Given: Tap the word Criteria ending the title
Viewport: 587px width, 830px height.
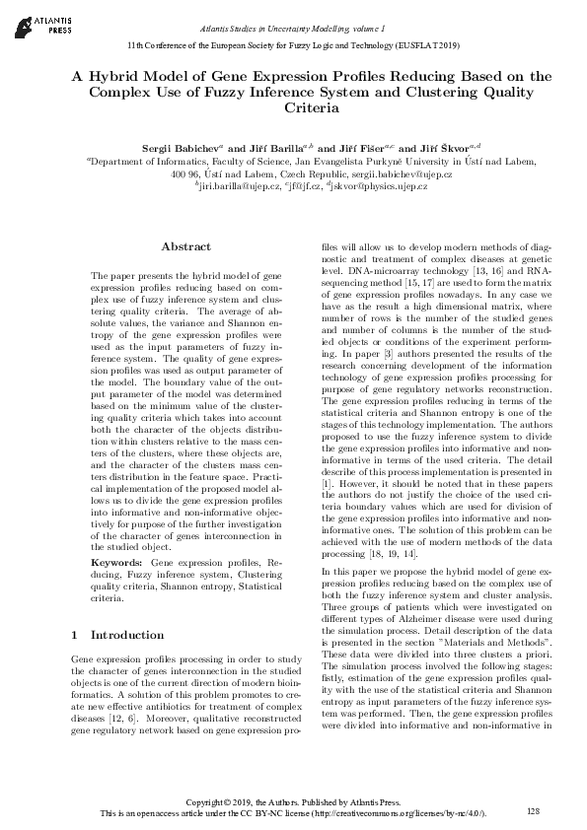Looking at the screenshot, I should point(311,109).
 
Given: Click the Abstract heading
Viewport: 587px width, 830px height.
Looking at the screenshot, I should point(185,246).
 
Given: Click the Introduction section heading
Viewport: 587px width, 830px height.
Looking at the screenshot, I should point(127,635).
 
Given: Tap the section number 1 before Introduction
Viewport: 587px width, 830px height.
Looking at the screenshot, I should point(76,635).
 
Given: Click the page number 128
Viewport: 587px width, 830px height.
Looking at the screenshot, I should point(535,810).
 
